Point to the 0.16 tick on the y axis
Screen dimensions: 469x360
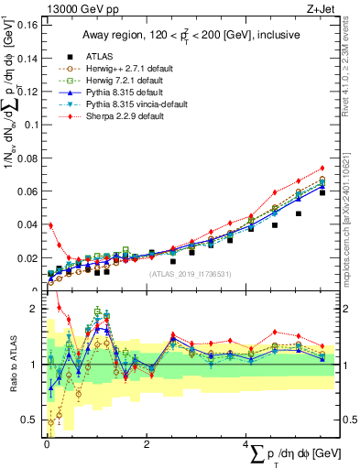(x=28, y=25)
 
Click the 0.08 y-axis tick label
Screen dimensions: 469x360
(x=28, y=158)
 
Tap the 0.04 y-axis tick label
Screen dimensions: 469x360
(x=28, y=224)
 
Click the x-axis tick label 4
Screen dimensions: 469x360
(x=245, y=444)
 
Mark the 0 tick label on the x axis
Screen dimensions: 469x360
(x=46, y=444)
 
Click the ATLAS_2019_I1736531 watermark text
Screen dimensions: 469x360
(x=191, y=274)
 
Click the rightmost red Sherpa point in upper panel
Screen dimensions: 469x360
(x=322, y=168)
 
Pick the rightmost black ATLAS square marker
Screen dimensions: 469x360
(x=322, y=192)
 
